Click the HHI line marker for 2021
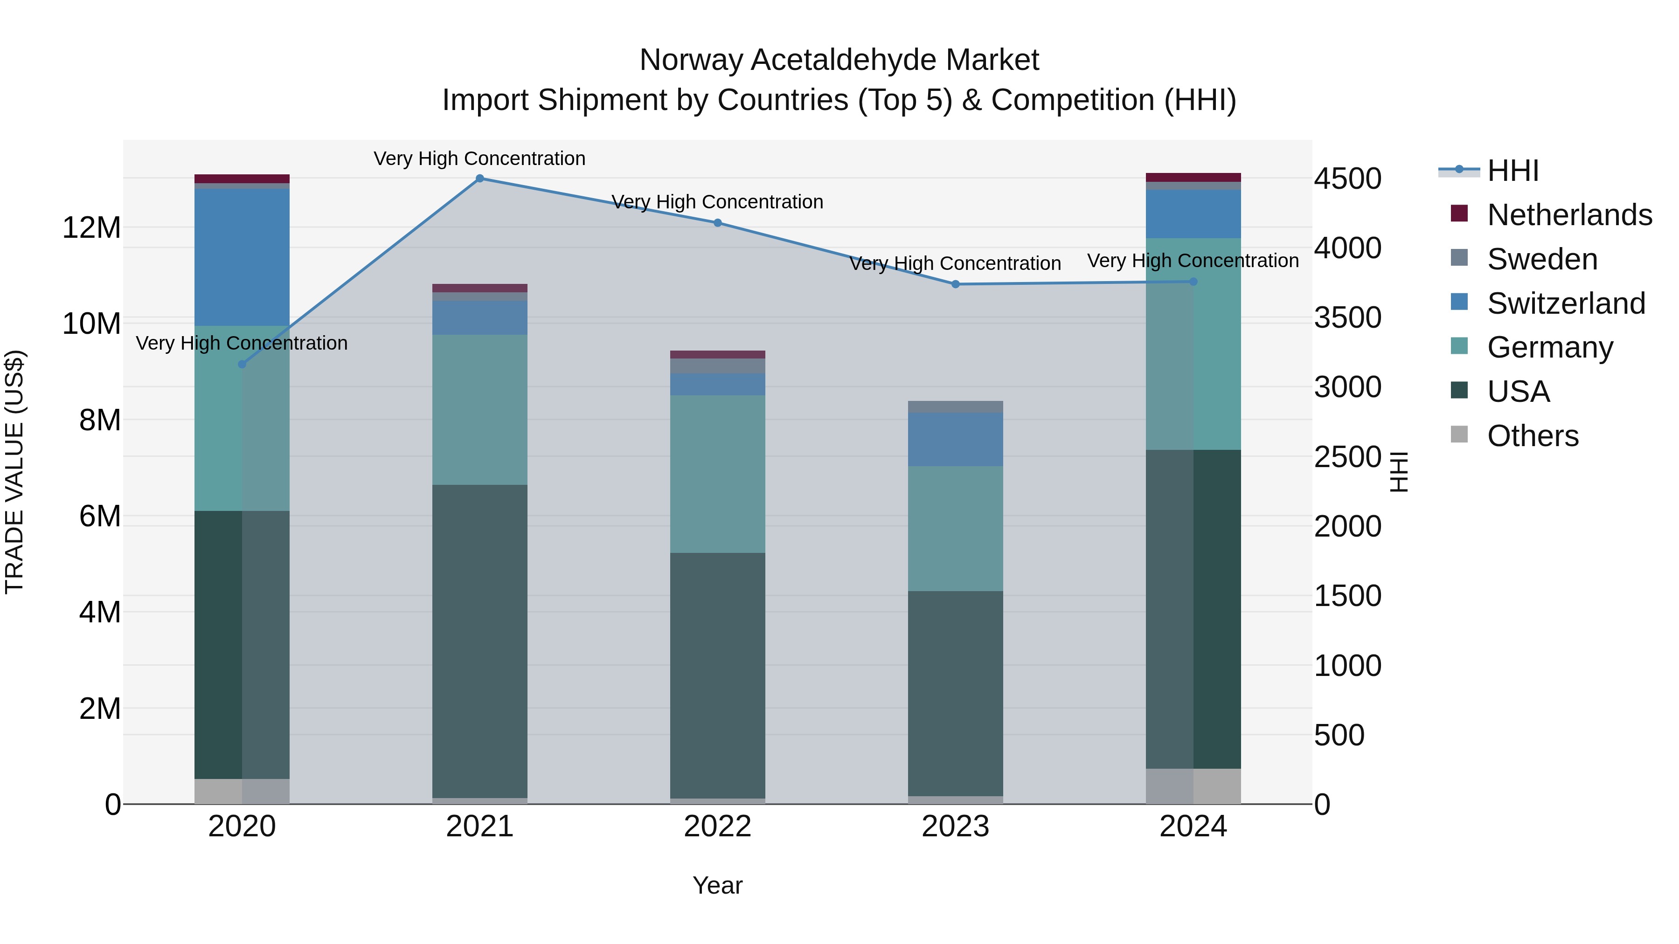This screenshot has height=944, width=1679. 480,179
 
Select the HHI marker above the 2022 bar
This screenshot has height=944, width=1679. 718,223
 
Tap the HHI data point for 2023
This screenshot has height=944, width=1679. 956,284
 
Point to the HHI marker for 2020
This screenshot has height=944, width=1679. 242,364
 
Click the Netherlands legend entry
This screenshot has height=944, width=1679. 1569,215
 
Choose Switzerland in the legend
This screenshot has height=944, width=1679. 1566,303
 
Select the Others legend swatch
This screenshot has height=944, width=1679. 1459,434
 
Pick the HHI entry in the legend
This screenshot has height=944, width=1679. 1512,171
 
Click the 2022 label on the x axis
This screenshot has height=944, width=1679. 718,827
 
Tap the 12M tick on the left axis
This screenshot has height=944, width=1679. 91,228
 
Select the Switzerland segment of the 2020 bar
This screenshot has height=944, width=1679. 242,257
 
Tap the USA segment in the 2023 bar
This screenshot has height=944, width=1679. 956,693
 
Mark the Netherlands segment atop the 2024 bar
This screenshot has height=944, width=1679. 1193,177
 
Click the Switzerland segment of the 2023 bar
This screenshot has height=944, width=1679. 956,439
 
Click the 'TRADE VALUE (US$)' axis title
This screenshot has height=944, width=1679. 14,472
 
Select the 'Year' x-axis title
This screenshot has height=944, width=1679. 718,885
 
